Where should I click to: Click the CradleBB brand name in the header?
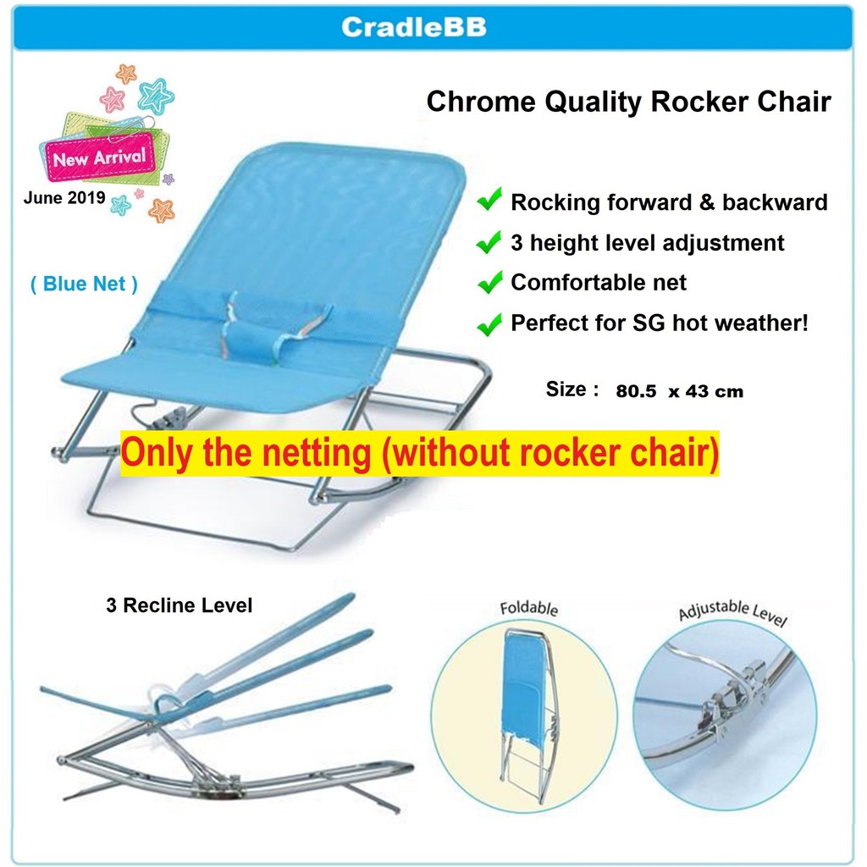tap(413, 27)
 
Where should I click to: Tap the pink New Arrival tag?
tap(100, 157)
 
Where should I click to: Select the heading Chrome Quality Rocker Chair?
tap(628, 102)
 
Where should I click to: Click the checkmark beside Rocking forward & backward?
tap(489, 202)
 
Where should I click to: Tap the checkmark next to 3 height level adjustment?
tap(489, 243)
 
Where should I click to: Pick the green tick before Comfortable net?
tap(489, 283)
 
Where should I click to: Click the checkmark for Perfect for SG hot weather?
tap(489, 323)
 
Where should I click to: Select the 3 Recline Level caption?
tap(179, 606)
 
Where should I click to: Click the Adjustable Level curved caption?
tap(732, 612)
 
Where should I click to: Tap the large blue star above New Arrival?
tap(155, 96)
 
